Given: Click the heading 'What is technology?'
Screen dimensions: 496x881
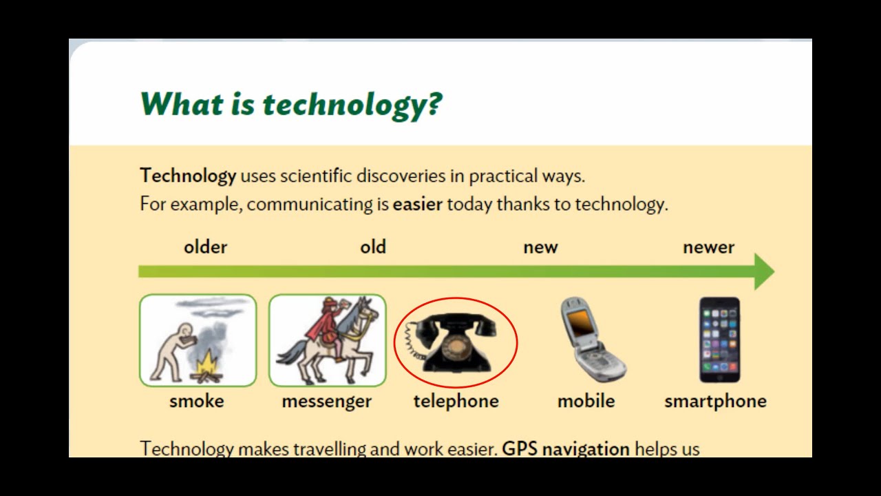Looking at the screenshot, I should click(290, 105).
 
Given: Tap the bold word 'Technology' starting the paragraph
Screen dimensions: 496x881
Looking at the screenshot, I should click(188, 176).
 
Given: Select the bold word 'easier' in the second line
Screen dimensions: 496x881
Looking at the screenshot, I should click(417, 205).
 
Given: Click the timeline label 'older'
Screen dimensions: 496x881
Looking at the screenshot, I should click(205, 247).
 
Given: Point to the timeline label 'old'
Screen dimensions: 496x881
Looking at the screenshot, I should click(373, 247).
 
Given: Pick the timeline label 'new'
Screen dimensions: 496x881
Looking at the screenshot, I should click(540, 247).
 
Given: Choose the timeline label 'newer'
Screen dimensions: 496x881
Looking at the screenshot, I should click(708, 247).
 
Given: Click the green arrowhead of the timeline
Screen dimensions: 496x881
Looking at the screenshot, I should click(763, 271).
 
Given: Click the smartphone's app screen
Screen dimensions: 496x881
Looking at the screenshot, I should click(719, 338).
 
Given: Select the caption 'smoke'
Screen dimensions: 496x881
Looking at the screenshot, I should click(197, 402).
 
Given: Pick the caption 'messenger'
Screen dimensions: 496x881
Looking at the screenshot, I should click(326, 402).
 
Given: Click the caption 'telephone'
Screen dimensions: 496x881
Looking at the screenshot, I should click(456, 402).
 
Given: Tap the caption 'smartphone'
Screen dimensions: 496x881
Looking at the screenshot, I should click(715, 402).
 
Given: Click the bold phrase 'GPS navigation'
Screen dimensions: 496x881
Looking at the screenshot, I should click(565, 449).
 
